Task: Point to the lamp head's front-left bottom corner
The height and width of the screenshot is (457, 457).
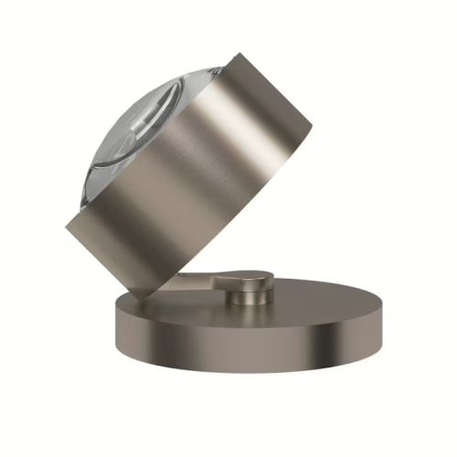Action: coord(67,225)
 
